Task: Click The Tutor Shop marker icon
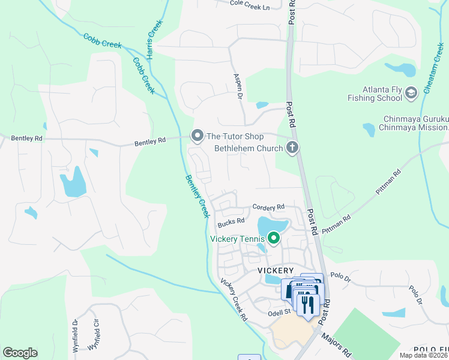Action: tap(197, 137)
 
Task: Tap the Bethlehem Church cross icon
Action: tap(292, 148)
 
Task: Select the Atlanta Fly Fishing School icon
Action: tap(411, 93)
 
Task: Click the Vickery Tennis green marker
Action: tap(274, 239)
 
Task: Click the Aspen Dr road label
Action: tap(237, 86)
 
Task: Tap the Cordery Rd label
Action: tap(268, 207)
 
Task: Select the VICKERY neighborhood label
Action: tap(275, 271)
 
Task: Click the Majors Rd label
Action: tap(336, 346)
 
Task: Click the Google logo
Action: tap(20, 353)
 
